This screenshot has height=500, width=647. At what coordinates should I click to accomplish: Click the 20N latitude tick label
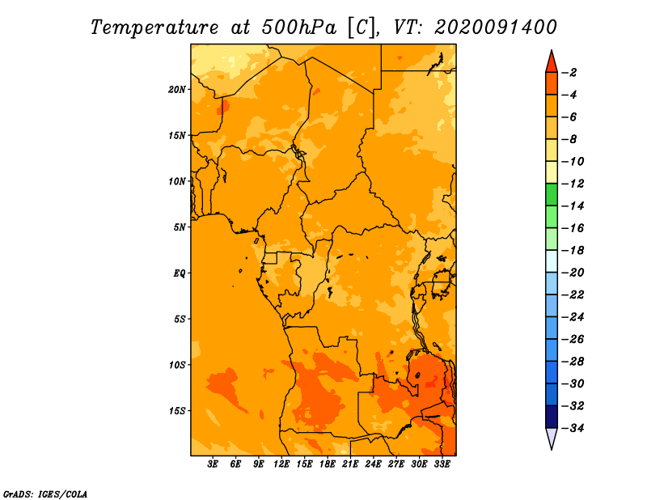click(x=177, y=90)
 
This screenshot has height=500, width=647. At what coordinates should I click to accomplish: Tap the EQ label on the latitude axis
click(x=179, y=273)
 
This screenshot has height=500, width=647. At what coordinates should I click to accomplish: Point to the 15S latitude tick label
click(x=177, y=411)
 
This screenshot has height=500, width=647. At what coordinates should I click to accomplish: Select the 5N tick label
click(x=180, y=227)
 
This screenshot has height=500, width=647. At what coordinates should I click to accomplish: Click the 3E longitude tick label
click(x=213, y=464)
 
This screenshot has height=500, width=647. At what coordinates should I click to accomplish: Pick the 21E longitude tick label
click(x=350, y=464)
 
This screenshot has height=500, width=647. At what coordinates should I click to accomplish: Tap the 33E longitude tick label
click(x=442, y=464)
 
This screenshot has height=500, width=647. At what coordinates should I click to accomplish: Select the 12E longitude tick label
click(x=281, y=464)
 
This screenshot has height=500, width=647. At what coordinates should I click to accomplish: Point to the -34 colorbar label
click(x=573, y=428)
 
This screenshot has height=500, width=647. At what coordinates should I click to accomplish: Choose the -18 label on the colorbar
click(x=573, y=250)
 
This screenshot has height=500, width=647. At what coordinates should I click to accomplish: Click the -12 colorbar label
click(x=573, y=184)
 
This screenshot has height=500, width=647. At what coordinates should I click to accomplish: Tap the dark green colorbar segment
click(x=552, y=194)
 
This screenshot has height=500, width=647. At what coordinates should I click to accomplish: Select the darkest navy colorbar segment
click(x=552, y=417)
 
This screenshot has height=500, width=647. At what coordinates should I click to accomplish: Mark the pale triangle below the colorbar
click(x=552, y=437)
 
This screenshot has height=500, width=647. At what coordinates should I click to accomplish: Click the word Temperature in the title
click(x=154, y=28)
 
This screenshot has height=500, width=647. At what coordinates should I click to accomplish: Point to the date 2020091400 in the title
click(x=496, y=28)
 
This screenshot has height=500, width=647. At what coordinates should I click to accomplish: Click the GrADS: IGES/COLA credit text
click(x=45, y=494)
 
